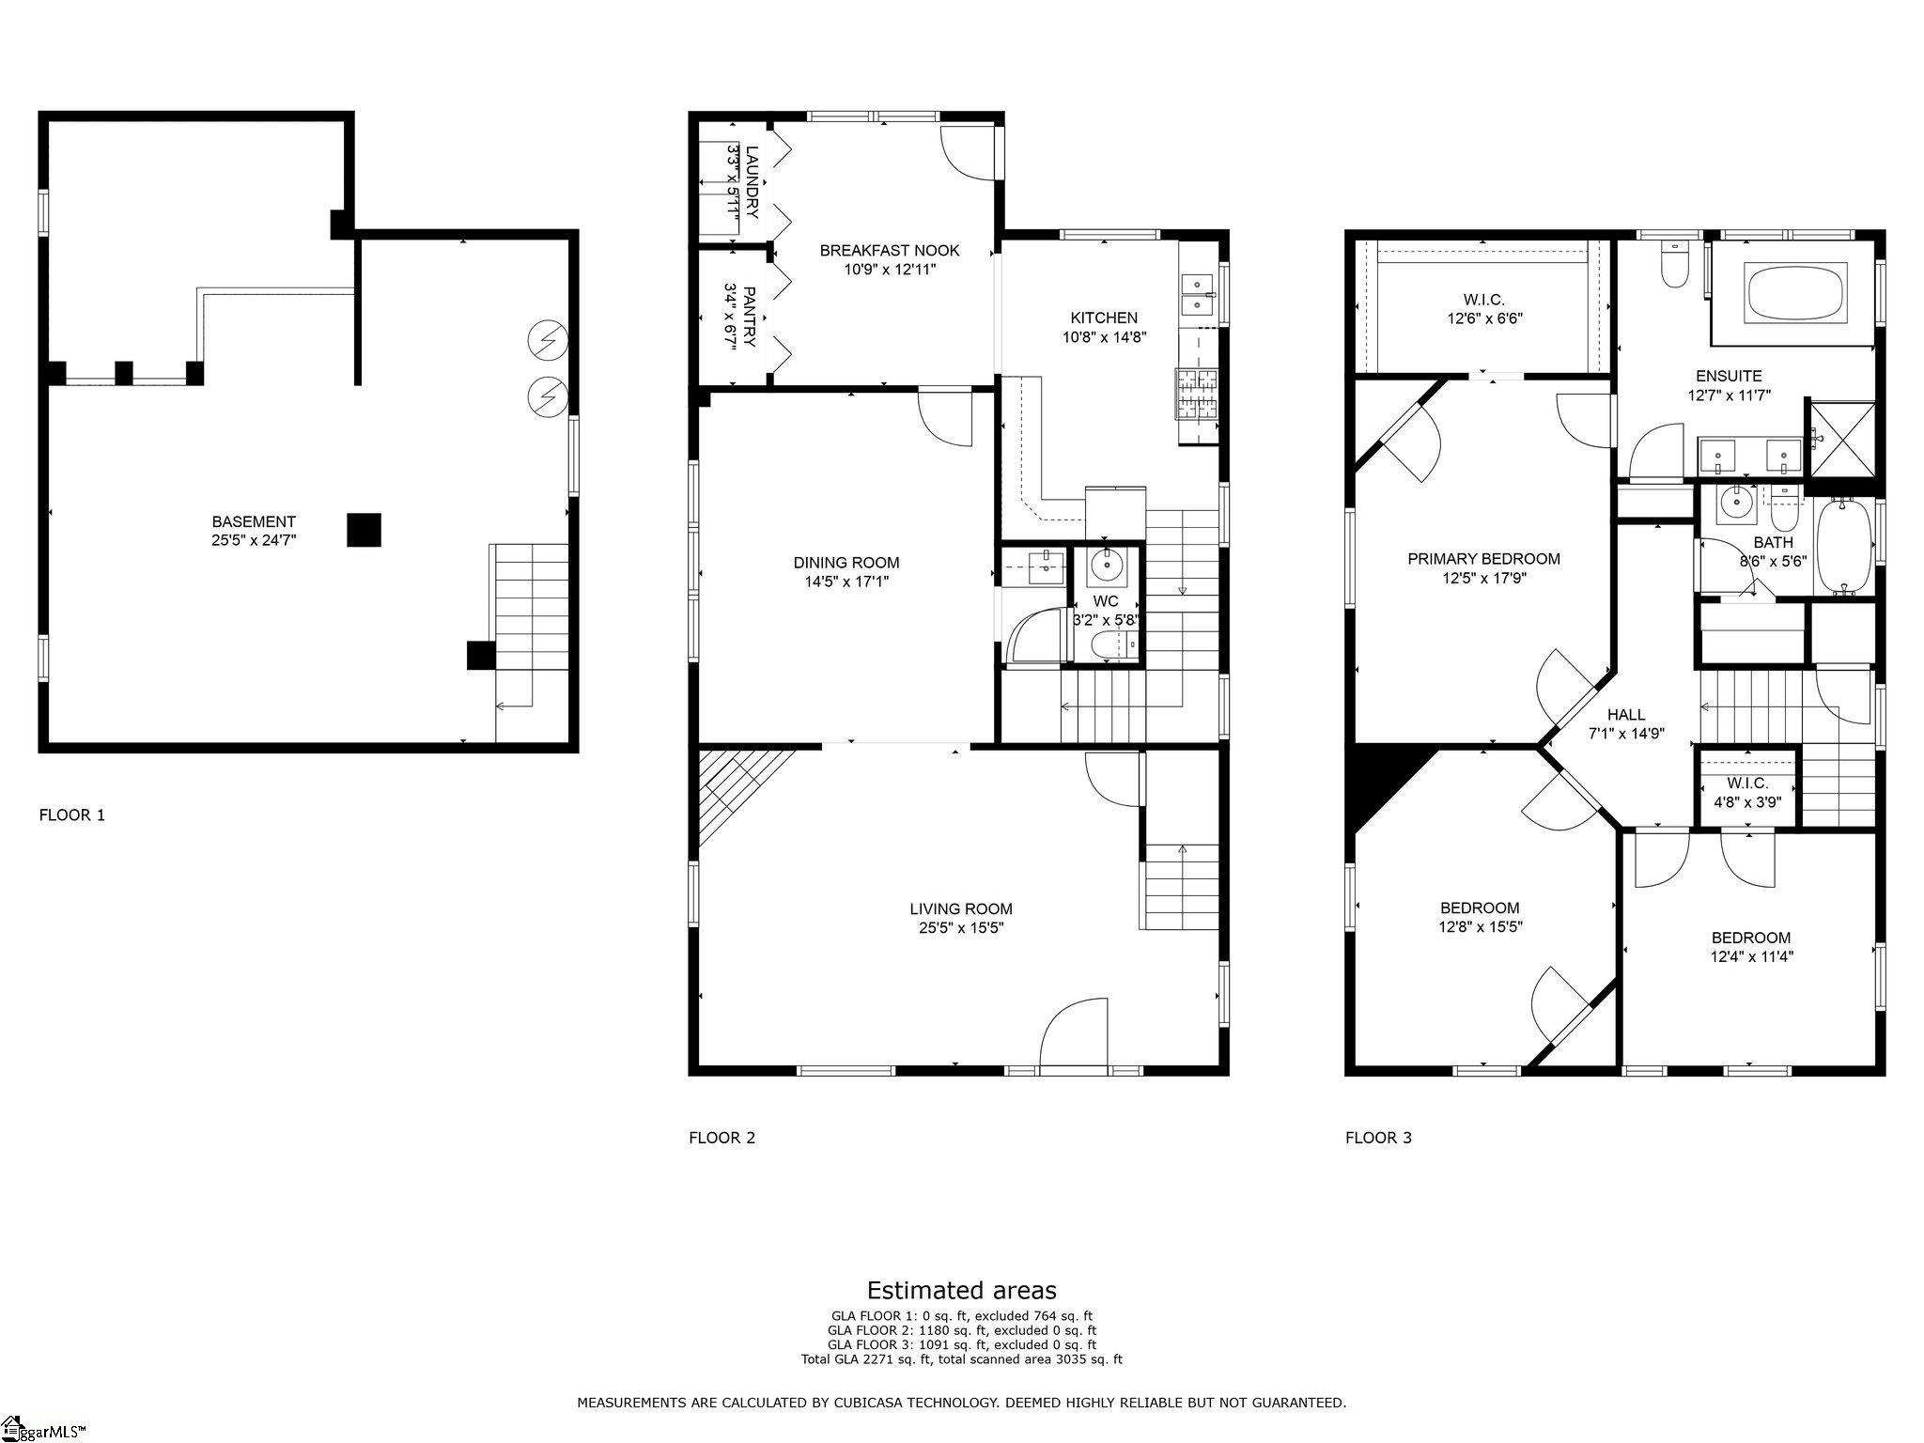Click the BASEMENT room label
[254, 521]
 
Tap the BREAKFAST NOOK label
[890, 250]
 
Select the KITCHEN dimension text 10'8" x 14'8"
[1104, 336]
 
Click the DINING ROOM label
[846, 563]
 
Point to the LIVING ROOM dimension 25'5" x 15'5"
[961, 927]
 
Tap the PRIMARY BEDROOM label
[1483, 559]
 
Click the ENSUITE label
[1729, 376]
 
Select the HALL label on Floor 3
[1626, 715]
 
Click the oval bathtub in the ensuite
[1794, 291]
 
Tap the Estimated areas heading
[961, 1290]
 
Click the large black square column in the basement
[364, 529]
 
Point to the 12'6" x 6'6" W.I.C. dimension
[1484, 318]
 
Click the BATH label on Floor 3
[1773, 542]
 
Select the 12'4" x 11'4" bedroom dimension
[1751, 956]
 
